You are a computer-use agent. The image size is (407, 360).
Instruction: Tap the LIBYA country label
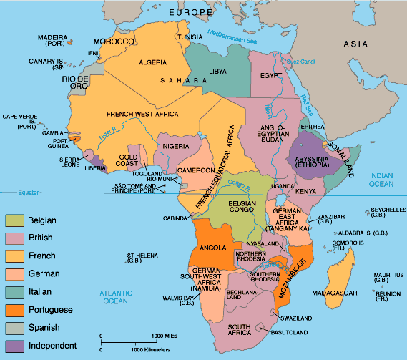[x=219, y=72]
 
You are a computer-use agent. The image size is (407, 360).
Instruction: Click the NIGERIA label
[x=176, y=146]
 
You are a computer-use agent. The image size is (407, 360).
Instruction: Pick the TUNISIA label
[x=190, y=37]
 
